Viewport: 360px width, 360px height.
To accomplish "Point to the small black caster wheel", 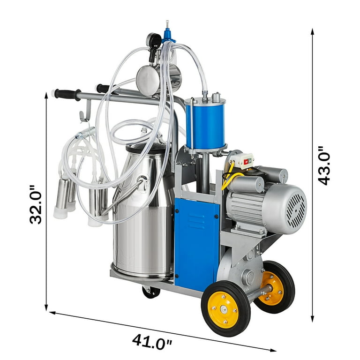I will tap(151, 292).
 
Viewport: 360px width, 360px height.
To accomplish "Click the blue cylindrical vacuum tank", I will tap(205, 124).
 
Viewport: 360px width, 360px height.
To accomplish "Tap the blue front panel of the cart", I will tap(196, 244).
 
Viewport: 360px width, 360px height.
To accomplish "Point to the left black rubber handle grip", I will tap(66, 94).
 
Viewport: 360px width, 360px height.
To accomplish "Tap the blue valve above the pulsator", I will tap(166, 36).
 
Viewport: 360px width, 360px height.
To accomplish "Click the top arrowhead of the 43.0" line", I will tap(313, 31).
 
